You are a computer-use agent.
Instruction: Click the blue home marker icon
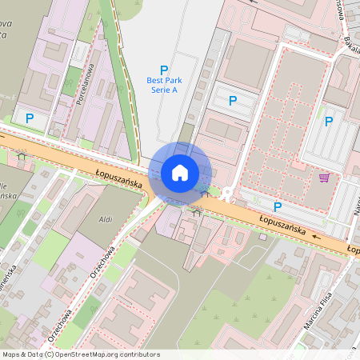[x=180, y=172]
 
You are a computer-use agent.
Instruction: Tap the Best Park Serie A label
[x=162, y=85]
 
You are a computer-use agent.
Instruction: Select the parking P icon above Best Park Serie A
[x=164, y=70]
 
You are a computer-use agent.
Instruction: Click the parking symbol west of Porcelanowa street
[x=30, y=118]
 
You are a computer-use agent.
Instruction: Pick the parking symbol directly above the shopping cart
[x=328, y=122]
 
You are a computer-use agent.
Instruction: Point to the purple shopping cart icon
[x=324, y=178]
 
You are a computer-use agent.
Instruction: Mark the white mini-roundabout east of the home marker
[x=228, y=193]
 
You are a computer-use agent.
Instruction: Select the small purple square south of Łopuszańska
[x=263, y=236]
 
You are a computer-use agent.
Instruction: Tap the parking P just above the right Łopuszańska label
[x=278, y=206]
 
